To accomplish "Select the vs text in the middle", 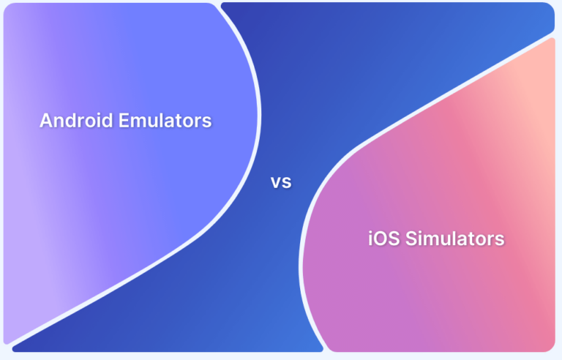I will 282,182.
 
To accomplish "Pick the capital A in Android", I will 45,121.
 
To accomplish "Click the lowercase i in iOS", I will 370,239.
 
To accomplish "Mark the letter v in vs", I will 277,183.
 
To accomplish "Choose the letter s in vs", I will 287,183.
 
